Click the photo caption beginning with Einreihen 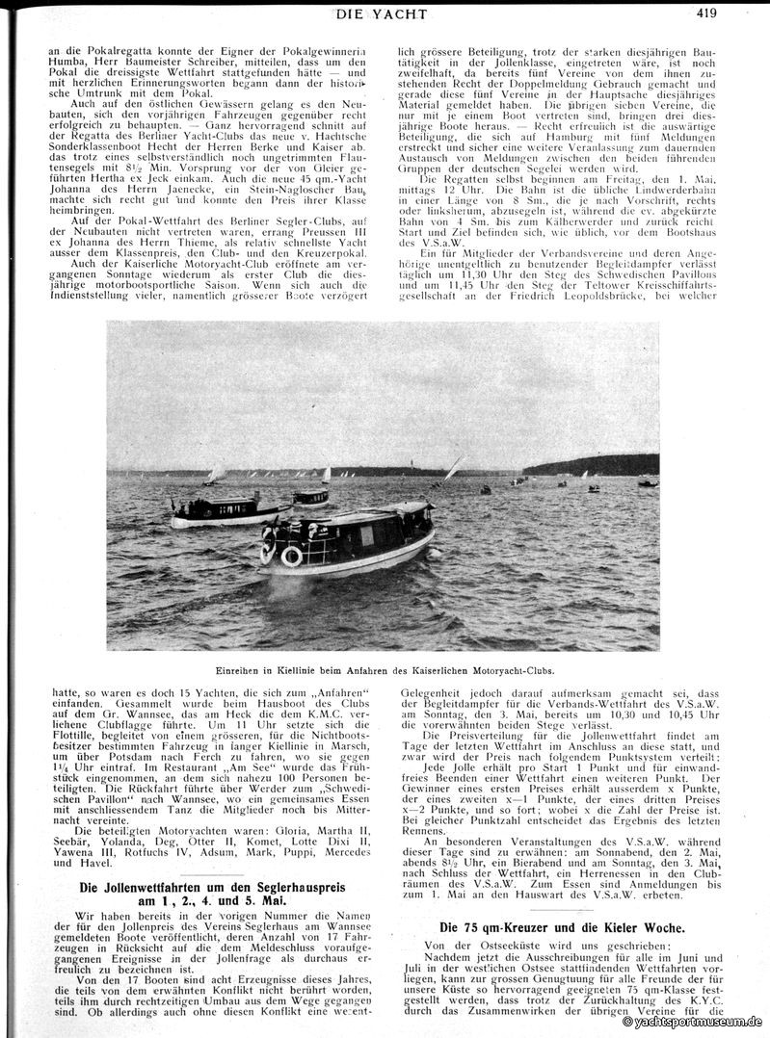[x=383, y=669]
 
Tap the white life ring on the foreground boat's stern [x=291, y=557]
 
